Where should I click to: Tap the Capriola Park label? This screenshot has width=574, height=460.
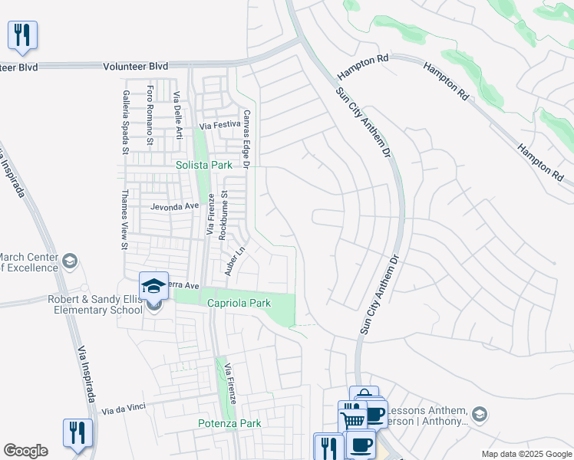(239, 303)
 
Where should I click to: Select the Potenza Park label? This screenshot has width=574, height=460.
(229, 423)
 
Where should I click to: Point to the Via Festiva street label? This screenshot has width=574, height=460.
(220, 125)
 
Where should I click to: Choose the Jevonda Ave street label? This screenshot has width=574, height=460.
(174, 206)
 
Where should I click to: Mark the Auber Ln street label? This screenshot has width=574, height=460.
(234, 260)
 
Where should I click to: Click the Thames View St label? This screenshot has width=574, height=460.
(123, 220)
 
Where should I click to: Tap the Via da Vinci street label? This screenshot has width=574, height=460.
(124, 409)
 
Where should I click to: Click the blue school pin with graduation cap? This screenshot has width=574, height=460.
(153, 285)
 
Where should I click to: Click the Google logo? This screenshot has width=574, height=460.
(25, 451)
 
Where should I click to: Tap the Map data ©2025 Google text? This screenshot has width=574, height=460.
(526, 454)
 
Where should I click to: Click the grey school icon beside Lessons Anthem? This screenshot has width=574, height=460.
(480, 414)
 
